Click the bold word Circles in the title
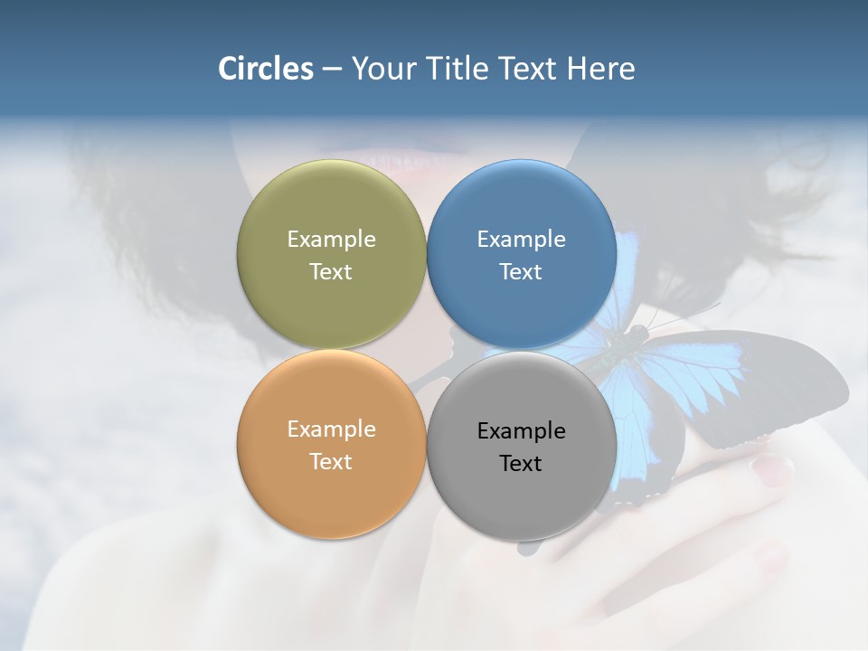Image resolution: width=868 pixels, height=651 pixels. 266,69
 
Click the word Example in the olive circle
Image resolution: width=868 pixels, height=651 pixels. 331,240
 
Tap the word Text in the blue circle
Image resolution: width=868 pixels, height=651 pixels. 521,272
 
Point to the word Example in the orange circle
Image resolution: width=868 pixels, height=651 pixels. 331,429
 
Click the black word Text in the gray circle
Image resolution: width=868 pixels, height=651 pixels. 521,464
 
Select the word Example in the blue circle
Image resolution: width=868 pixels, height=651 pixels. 521,240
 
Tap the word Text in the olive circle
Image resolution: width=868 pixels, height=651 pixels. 331,272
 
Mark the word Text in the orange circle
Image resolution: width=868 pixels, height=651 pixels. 331,462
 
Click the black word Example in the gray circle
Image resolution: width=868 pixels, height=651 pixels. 521,431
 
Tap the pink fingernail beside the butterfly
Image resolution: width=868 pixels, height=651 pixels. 773,468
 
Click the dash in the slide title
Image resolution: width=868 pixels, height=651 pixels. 332,70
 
